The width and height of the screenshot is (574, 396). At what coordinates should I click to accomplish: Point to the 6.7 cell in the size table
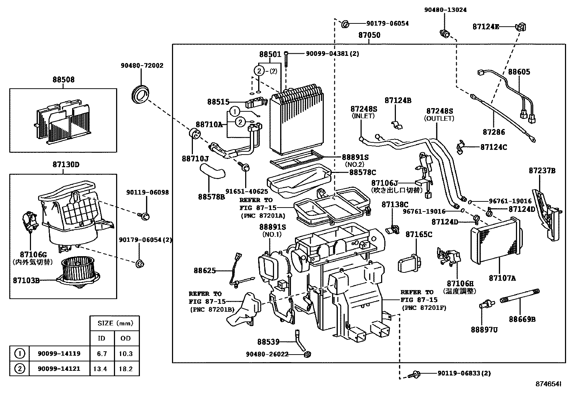tap(102, 353)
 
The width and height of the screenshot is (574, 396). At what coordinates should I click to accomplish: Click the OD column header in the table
tap(125, 338)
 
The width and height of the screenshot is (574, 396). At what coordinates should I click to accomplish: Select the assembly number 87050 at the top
tap(369, 35)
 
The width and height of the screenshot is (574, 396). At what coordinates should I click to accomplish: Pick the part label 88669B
tap(522, 319)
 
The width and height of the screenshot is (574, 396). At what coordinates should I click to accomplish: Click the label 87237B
tap(542, 171)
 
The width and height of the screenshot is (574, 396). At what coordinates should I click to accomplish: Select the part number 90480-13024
tap(445, 10)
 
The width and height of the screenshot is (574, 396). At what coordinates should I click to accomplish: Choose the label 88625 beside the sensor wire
tap(204, 270)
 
